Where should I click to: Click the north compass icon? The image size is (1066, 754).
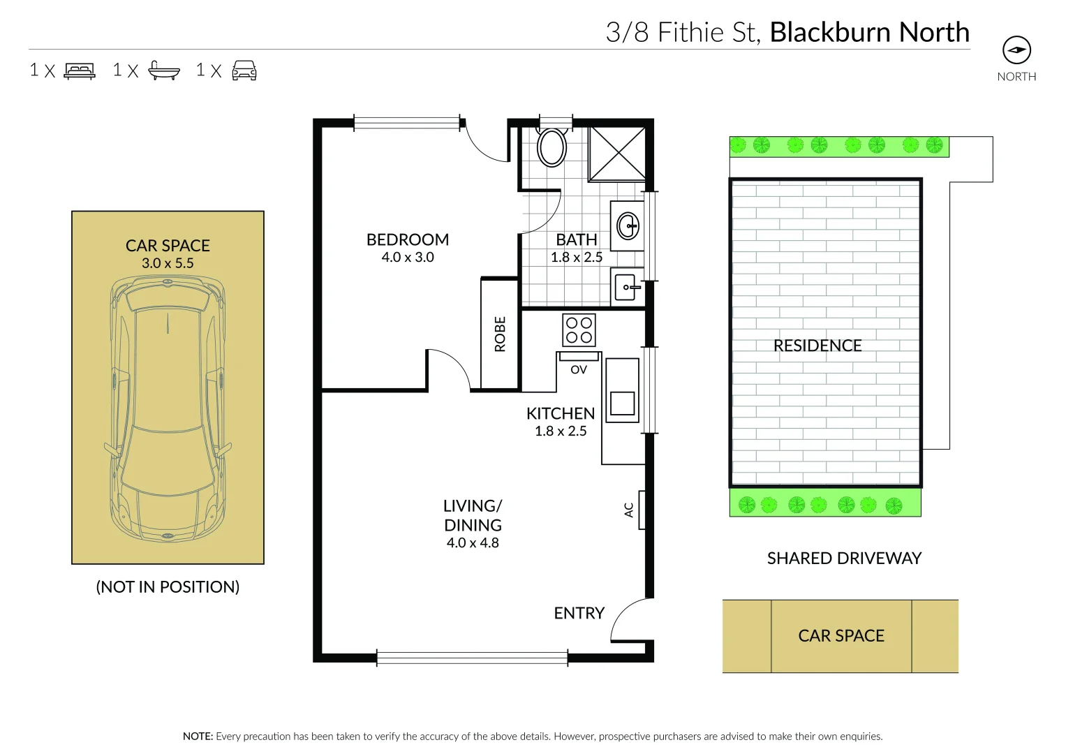[1016, 50]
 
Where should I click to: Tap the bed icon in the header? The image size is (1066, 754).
[80, 71]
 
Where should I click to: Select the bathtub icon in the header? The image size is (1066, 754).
[164, 71]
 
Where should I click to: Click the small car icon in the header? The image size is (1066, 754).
[244, 71]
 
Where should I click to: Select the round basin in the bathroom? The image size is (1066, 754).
[628, 226]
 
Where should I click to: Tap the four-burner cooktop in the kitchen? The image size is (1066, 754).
[579, 330]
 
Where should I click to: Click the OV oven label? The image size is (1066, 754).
[579, 370]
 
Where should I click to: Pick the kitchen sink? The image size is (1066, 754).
[621, 402]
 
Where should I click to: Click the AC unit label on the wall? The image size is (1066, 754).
[628, 510]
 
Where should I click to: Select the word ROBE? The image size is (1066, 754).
[500, 334]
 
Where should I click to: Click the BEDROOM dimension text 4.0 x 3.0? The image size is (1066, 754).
[408, 258]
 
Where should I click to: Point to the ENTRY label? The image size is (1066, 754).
[579, 613]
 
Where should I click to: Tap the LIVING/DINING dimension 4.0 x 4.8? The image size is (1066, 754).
[473, 543]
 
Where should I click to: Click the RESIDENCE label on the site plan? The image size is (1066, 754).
[817, 346]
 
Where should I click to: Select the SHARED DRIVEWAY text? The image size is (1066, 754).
[844, 559]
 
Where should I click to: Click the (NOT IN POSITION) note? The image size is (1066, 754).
[168, 587]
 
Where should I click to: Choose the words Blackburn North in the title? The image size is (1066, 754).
[869, 33]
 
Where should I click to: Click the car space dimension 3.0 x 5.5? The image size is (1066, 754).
[168, 264]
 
